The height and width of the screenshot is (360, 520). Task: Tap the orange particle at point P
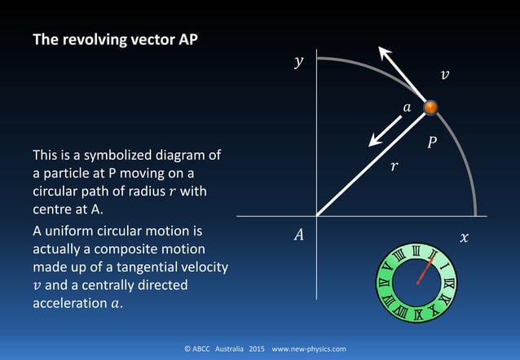click(431, 108)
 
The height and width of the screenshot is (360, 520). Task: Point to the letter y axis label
click(298, 62)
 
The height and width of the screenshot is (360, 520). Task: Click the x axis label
click(465, 237)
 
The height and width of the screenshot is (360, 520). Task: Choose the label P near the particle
click(432, 143)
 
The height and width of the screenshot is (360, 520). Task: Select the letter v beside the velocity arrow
click(444, 75)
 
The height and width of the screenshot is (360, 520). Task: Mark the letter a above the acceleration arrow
click(407, 107)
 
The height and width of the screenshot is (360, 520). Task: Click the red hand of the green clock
click(424, 270)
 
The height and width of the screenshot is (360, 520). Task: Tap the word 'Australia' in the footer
click(232, 349)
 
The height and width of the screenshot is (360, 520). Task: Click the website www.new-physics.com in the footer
click(309, 349)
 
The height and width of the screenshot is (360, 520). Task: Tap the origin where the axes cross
click(316, 217)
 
